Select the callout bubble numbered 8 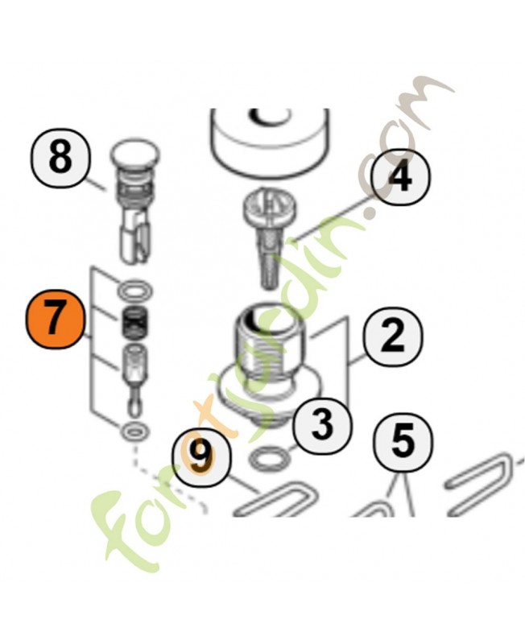(60, 159)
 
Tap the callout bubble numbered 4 (400, 176)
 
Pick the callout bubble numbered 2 (393, 336)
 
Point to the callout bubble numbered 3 (322, 424)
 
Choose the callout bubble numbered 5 (403, 441)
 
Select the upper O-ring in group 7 (135, 291)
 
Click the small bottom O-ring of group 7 (134, 431)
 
